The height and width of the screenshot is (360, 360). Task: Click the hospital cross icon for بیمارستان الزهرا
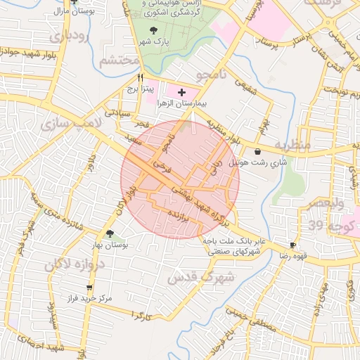pyautogui.click(x=181, y=92)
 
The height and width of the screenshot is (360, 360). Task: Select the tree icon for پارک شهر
pyautogui.click(x=154, y=30)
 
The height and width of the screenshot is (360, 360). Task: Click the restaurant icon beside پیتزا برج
pyautogui.click(x=141, y=77)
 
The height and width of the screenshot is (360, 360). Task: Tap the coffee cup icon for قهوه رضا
pyautogui.click(x=292, y=245)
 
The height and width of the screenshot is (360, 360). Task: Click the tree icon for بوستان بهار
pyautogui.click(x=109, y=234)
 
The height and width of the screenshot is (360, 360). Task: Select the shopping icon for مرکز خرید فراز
pyautogui.click(x=89, y=288)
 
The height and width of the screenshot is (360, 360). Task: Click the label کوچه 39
pyautogui.click(x=325, y=225)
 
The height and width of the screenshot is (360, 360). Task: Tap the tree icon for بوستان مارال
pyautogui.click(x=73, y=2)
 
